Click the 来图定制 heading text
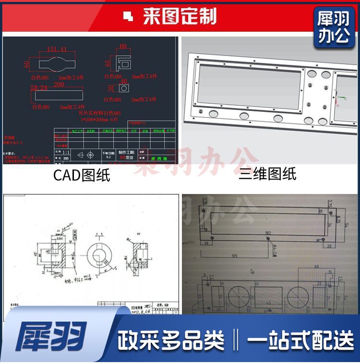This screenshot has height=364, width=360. point(180,17)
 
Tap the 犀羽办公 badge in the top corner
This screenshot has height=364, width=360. point(334,28)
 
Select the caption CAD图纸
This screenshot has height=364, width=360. point(82,175)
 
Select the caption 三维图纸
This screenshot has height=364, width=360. point(267,174)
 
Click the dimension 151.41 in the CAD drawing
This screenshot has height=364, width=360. point(57,49)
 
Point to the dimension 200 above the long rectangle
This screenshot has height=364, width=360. point(59,85)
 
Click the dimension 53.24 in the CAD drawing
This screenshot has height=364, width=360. point(39,88)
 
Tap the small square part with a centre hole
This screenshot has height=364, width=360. point(123,89)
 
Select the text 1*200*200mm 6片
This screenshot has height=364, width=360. point(103,118)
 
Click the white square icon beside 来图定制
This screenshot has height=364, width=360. point(128,17)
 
